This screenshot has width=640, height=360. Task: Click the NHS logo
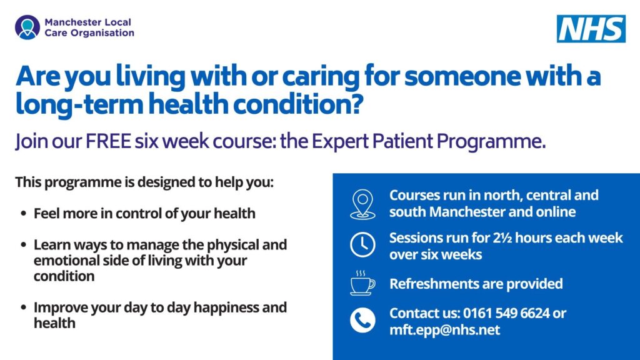pyautogui.click(x=591, y=29)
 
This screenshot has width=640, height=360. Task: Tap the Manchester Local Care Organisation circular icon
pyautogui.click(x=27, y=27)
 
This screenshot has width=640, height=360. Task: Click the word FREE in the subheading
pyautogui.click(x=108, y=141)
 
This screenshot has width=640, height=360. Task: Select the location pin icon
pyautogui.click(x=362, y=204)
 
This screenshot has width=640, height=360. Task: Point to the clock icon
pyautogui.click(x=362, y=245)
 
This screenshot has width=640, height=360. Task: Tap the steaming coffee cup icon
pyautogui.click(x=362, y=283)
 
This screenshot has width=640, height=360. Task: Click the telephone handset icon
pyautogui.click(x=362, y=320)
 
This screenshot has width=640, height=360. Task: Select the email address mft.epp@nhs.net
pyautogui.click(x=444, y=330)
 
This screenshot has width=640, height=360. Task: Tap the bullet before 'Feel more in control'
pyautogui.click(x=23, y=214)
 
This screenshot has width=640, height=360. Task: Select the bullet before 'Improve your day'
pyautogui.click(x=23, y=307)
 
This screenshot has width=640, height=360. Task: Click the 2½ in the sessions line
pyautogui.click(x=499, y=237)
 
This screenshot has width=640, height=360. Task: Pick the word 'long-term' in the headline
pyautogui.click(x=79, y=104)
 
